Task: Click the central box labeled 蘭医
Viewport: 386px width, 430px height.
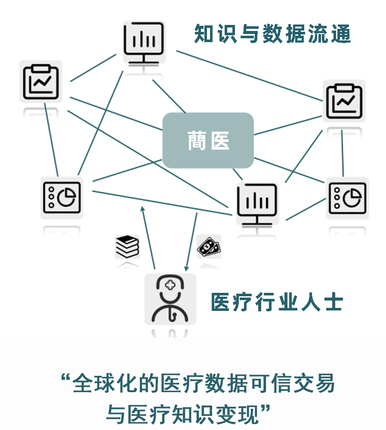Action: (208, 140)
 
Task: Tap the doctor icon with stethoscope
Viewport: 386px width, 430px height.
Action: (170, 299)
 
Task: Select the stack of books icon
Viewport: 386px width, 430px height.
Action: (127, 246)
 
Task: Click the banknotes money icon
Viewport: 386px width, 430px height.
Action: (209, 246)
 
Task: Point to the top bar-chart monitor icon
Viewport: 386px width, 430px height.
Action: (144, 42)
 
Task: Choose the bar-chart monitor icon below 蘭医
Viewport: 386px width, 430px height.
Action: (257, 203)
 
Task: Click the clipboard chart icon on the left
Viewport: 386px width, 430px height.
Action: (40, 81)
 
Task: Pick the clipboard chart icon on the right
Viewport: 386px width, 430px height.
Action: (344, 101)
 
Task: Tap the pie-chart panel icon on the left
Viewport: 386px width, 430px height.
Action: (62, 198)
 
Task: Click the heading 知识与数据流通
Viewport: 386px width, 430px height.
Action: (272, 34)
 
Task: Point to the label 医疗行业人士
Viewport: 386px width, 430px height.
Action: (277, 302)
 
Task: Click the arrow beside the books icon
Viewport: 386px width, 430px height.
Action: (148, 238)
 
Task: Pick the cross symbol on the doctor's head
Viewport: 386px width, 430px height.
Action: (170, 286)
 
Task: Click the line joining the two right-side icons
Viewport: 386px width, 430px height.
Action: (343, 154)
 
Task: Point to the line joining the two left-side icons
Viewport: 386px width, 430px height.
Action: (51, 140)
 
